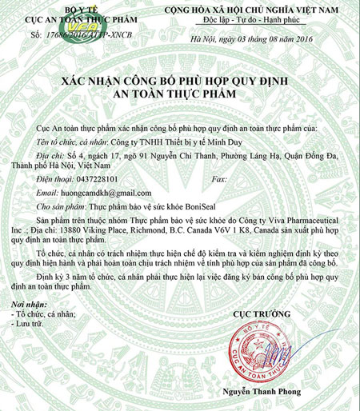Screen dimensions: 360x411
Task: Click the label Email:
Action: tap(44, 194)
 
